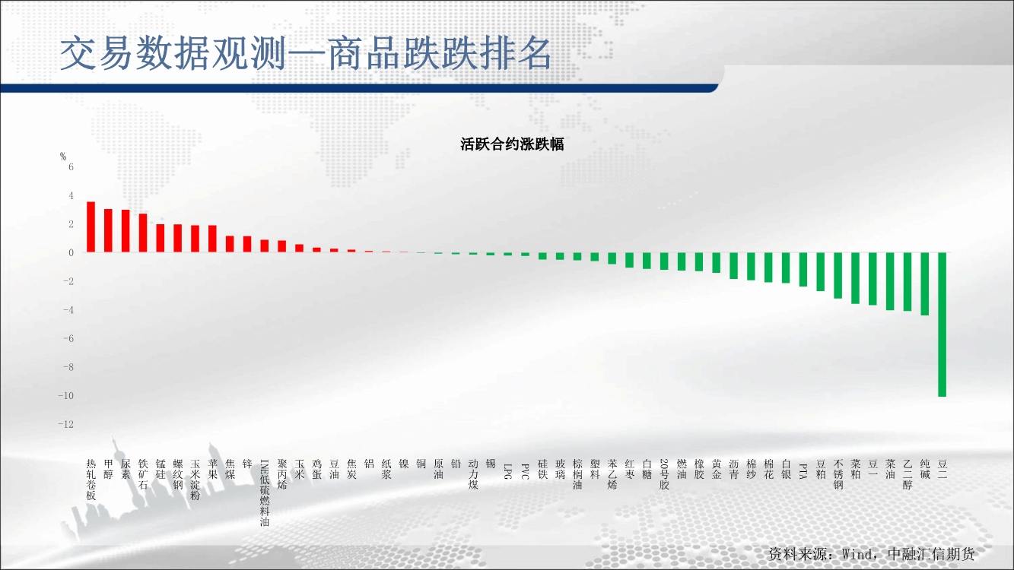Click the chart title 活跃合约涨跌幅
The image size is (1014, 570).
[x=512, y=144]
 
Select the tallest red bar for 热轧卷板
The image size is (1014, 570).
[x=91, y=226]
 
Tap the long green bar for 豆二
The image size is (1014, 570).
[x=942, y=325]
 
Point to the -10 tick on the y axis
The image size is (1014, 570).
[x=65, y=395]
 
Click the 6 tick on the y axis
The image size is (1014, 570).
[x=71, y=167]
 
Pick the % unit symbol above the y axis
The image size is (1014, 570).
[x=63, y=156]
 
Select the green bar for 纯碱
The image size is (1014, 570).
[x=925, y=283]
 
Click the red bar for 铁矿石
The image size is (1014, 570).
[x=142, y=233]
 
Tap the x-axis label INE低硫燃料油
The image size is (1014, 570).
[x=265, y=492]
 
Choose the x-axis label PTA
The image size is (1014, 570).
[x=803, y=471]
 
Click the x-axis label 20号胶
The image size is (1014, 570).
[x=664, y=474]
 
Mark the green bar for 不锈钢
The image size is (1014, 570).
[x=838, y=275]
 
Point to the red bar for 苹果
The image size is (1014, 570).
[x=212, y=239]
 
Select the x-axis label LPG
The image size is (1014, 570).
[x=508, y=471]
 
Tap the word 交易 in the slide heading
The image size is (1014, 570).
[x=97, y=54]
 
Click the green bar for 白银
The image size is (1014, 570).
[x=786, y=268]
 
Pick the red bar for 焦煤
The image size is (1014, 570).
[x=230, y=244]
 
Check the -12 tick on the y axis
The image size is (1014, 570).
[x=65, y=424]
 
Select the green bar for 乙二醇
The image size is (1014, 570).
[x=908, y=282]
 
